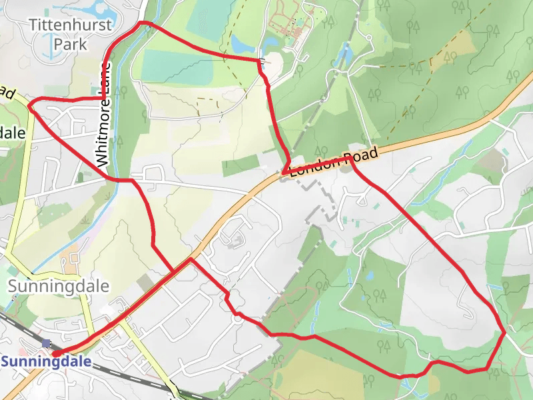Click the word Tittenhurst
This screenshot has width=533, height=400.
[71, 25]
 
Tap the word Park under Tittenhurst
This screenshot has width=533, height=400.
[71, 45]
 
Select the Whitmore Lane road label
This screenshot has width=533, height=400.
[103, 113]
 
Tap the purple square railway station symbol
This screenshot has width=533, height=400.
[46, 343]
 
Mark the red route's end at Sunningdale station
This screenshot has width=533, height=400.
[55, 353]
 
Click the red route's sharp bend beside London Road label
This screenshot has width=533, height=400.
[284, 173]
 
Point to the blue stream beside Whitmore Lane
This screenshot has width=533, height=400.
[117, 133]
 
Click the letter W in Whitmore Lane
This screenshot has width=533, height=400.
[102, 159]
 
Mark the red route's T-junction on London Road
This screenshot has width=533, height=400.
[191, 259]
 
